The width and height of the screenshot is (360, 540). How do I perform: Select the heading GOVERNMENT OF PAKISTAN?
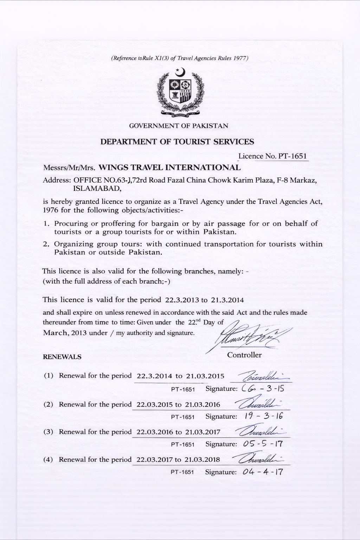click(x=179, y=126)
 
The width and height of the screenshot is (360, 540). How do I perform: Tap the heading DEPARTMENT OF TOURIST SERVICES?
click(x=177, y=142)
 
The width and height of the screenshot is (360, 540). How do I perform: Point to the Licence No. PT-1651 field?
click(x=273, y=156)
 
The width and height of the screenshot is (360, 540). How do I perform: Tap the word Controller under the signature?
click(x=244, y=355)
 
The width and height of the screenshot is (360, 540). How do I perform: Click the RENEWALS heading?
click(x=62, y=357)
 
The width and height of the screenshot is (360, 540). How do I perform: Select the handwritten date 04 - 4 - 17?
click(x=263, y=472)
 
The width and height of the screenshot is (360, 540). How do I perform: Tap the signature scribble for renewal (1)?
click(x=261, y=378)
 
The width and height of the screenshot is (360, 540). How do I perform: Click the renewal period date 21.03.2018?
click(x=202, y=459)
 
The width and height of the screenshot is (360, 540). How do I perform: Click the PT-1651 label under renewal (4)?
click(x=182, y=472)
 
